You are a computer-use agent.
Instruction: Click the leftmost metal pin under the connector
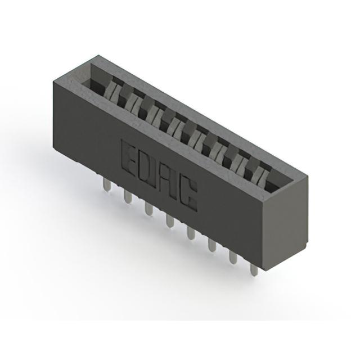coord(107,185)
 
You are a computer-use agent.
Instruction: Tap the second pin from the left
coord(128,197)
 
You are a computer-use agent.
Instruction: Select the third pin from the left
coord(148,209)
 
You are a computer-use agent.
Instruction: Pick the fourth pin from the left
coord(170,221)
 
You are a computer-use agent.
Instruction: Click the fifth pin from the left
coord(191,233)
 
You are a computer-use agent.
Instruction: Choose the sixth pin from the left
coord(212,245)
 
